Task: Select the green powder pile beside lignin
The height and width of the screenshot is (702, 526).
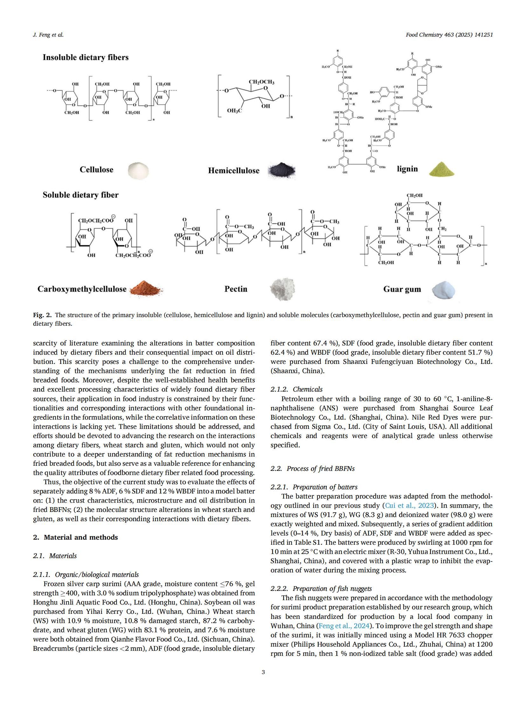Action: click(441, 169)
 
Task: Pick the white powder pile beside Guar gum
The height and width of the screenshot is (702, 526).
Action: click(443, 290)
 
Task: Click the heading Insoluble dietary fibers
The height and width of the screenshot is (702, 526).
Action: click(86, 58)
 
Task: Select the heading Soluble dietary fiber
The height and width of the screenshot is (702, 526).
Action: click(80, 195)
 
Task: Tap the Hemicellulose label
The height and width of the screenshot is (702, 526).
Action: click(233, 171)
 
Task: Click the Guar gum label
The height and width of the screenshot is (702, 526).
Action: click(402, 289)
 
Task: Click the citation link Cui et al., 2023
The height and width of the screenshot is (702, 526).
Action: click(409, 506)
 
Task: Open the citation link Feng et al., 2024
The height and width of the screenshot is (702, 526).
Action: click(344, 626)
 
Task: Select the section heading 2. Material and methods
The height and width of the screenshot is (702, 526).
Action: click(75, 537)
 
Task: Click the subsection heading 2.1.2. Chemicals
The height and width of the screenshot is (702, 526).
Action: click(296, 389)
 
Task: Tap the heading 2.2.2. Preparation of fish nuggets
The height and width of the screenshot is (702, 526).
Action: click(321, 589)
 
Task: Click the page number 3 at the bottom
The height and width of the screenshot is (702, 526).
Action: click(263, 672)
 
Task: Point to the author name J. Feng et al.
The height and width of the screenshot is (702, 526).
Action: click(48, 35)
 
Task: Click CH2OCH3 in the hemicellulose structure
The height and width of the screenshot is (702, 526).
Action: click(261, 82)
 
